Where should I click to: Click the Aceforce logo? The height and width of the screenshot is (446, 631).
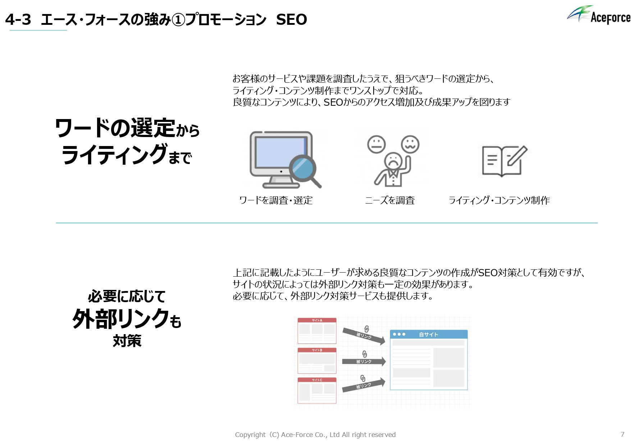[599, 15]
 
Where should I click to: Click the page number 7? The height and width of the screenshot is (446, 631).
[622, 434]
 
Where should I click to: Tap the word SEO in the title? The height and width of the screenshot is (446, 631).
[292, 19]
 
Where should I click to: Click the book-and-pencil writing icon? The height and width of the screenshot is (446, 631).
[504, 161]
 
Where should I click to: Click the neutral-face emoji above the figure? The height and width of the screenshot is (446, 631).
[376, 144]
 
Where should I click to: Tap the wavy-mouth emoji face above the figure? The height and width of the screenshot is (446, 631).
[410, 144]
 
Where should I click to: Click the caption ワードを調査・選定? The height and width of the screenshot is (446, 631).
[276, 200]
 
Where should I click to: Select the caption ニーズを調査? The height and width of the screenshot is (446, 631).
[390, 200]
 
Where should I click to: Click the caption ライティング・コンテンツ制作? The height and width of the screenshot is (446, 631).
[499, 200]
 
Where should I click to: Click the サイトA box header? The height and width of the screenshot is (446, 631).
[317, 320]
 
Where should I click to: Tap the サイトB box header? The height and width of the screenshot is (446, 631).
[317, 350]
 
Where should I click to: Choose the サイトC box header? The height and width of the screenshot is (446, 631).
[317, 380]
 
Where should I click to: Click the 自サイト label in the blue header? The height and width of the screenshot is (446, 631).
[428, 334]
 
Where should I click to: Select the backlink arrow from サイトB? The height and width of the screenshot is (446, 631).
[363, 361]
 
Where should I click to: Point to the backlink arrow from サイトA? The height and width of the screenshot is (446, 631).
[363, 336]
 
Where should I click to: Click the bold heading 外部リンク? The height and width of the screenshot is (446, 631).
[121, 319]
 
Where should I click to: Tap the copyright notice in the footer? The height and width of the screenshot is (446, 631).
[315, 434]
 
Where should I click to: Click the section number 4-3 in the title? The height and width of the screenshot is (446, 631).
[18, 19]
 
